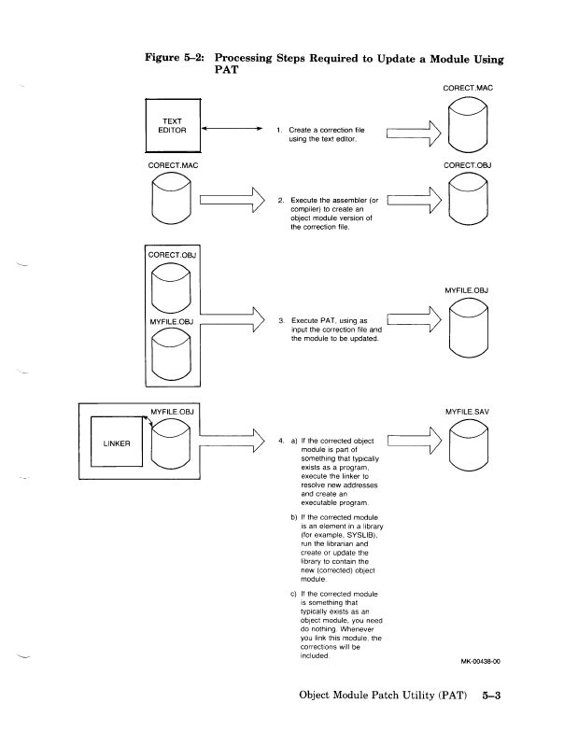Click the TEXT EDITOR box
point(173,127)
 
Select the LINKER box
point(116,443)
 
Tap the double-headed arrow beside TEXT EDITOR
point(229,131)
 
